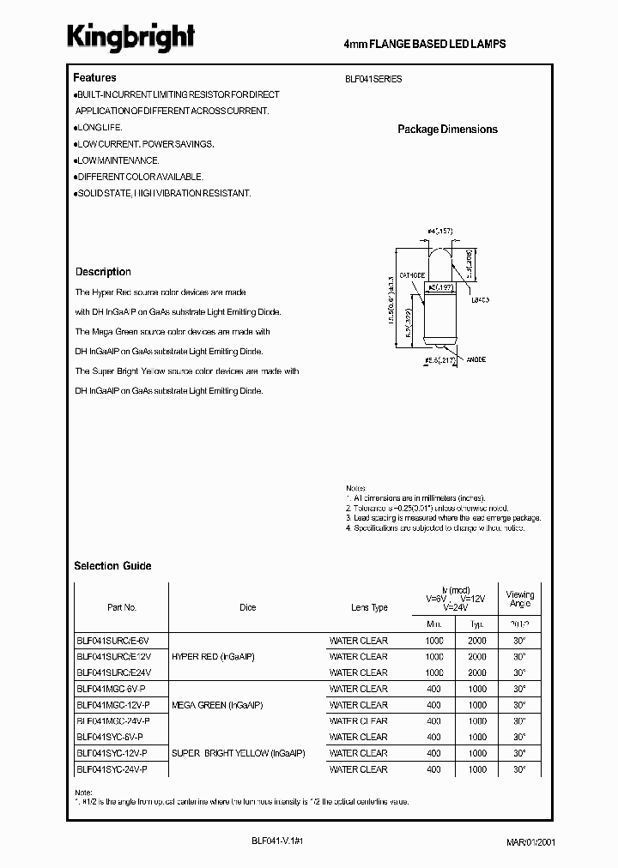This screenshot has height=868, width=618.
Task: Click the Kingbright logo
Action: (x=132, y=37)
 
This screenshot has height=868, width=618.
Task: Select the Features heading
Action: (x=94, y=77)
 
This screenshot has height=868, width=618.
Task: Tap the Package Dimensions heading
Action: (x=447, y=130)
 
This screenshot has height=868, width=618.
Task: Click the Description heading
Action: (x=103, y=272)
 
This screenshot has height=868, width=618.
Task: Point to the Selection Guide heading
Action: (x=112, y=566)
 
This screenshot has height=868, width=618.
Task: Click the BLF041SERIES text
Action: (x=373, y=79)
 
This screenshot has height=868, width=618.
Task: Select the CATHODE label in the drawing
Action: (x=412, y=275)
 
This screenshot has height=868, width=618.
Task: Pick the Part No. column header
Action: (x=122, y=607)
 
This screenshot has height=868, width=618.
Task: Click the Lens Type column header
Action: (x=369, y=607)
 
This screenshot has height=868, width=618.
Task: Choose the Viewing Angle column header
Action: (x=519, y=599)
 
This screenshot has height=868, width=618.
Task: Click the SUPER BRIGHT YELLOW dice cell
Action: (x=238, y=753)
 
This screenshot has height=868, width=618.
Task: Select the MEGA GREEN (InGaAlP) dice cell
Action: (x=217, y=705)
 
